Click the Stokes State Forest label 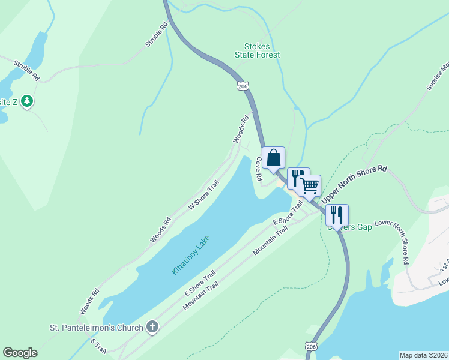click(x=262, y=50)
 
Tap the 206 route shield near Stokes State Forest click(x=243, y=86)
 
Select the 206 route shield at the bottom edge click(x=310, y=347)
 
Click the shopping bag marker click(x=274, y=158)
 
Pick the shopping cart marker click(x=310, y=186)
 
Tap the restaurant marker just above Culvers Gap click(x=337, y=214)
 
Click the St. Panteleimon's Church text click(x=96, y=328)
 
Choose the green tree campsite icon click(x=26, y=101)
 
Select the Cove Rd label click(x=258, y=169)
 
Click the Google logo click(x=20, y=353)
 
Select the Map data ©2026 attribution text click(x=423, y=355)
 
